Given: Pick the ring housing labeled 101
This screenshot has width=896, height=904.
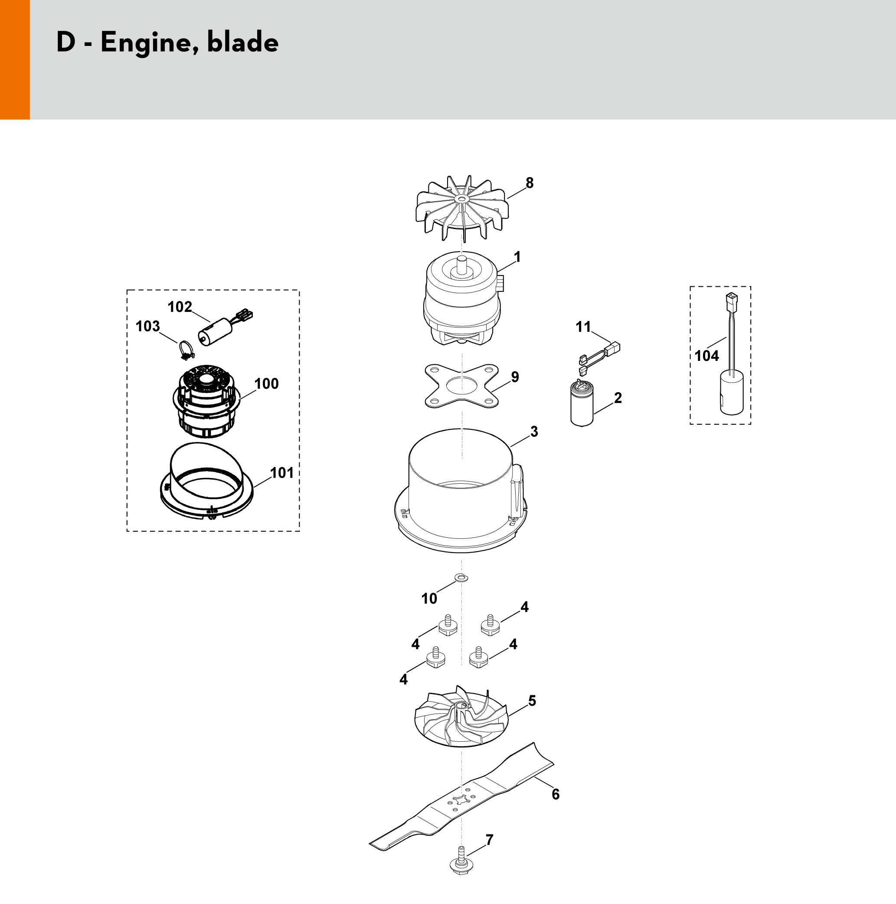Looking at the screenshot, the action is [207, 482].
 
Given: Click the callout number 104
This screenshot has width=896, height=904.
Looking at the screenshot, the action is [706, 356].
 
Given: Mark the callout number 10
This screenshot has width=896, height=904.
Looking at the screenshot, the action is [429, 599].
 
